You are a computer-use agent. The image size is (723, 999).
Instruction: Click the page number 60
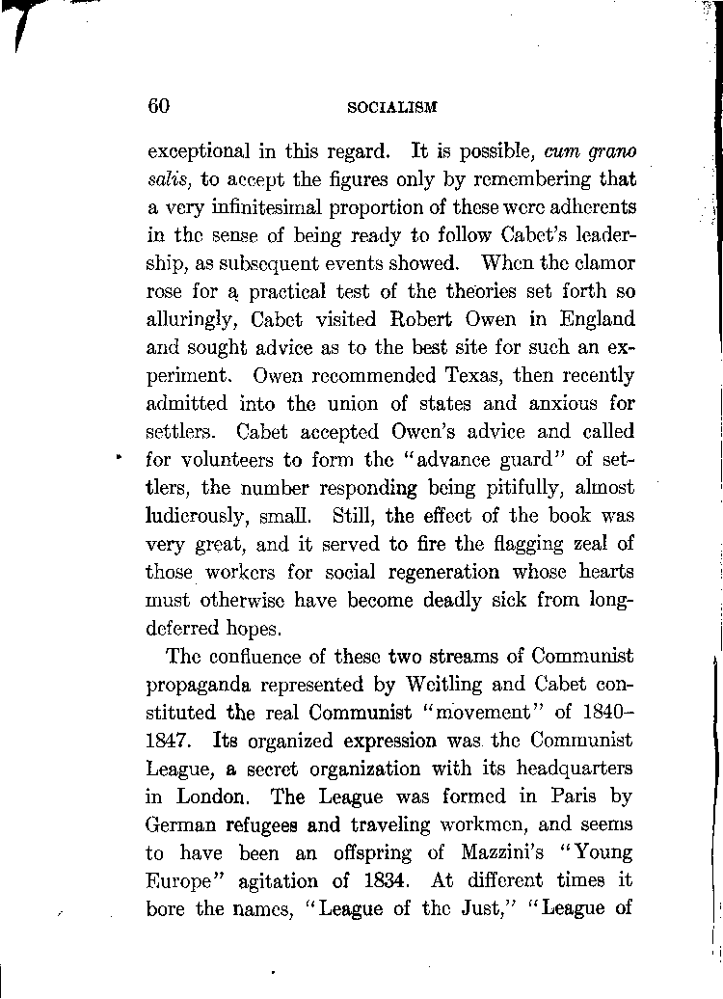pyautogui.click(x=159, y=106)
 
